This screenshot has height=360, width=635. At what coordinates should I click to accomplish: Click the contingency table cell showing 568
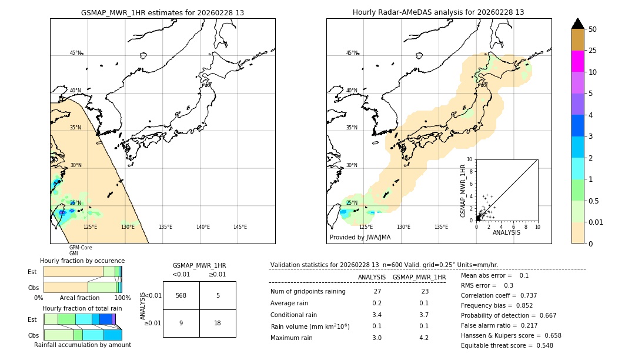click(181, 295)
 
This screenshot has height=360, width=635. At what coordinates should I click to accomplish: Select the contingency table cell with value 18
click(218, 323)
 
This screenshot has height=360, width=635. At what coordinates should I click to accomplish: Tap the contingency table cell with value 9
click(181, 323)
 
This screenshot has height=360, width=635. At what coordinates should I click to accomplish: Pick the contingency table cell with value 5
click(218, 295)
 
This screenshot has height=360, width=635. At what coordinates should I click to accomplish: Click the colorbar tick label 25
click(593, 51)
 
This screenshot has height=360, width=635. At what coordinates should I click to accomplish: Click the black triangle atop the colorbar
click(578, 24)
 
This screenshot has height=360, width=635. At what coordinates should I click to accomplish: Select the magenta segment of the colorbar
click(578, 61)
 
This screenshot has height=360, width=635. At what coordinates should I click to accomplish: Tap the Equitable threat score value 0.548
click(540, 345)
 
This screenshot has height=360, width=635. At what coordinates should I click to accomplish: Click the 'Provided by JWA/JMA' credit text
click(360, 237)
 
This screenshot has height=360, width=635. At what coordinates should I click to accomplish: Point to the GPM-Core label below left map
click(81, 248)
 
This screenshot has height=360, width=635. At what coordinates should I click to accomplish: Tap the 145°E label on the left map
click(240, 227)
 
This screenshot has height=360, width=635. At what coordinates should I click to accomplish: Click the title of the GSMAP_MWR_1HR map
click(162, 12)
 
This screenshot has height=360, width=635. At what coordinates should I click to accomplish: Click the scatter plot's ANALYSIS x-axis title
click(506, 232)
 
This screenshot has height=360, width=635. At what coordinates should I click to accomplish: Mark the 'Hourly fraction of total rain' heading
click(82, 308)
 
